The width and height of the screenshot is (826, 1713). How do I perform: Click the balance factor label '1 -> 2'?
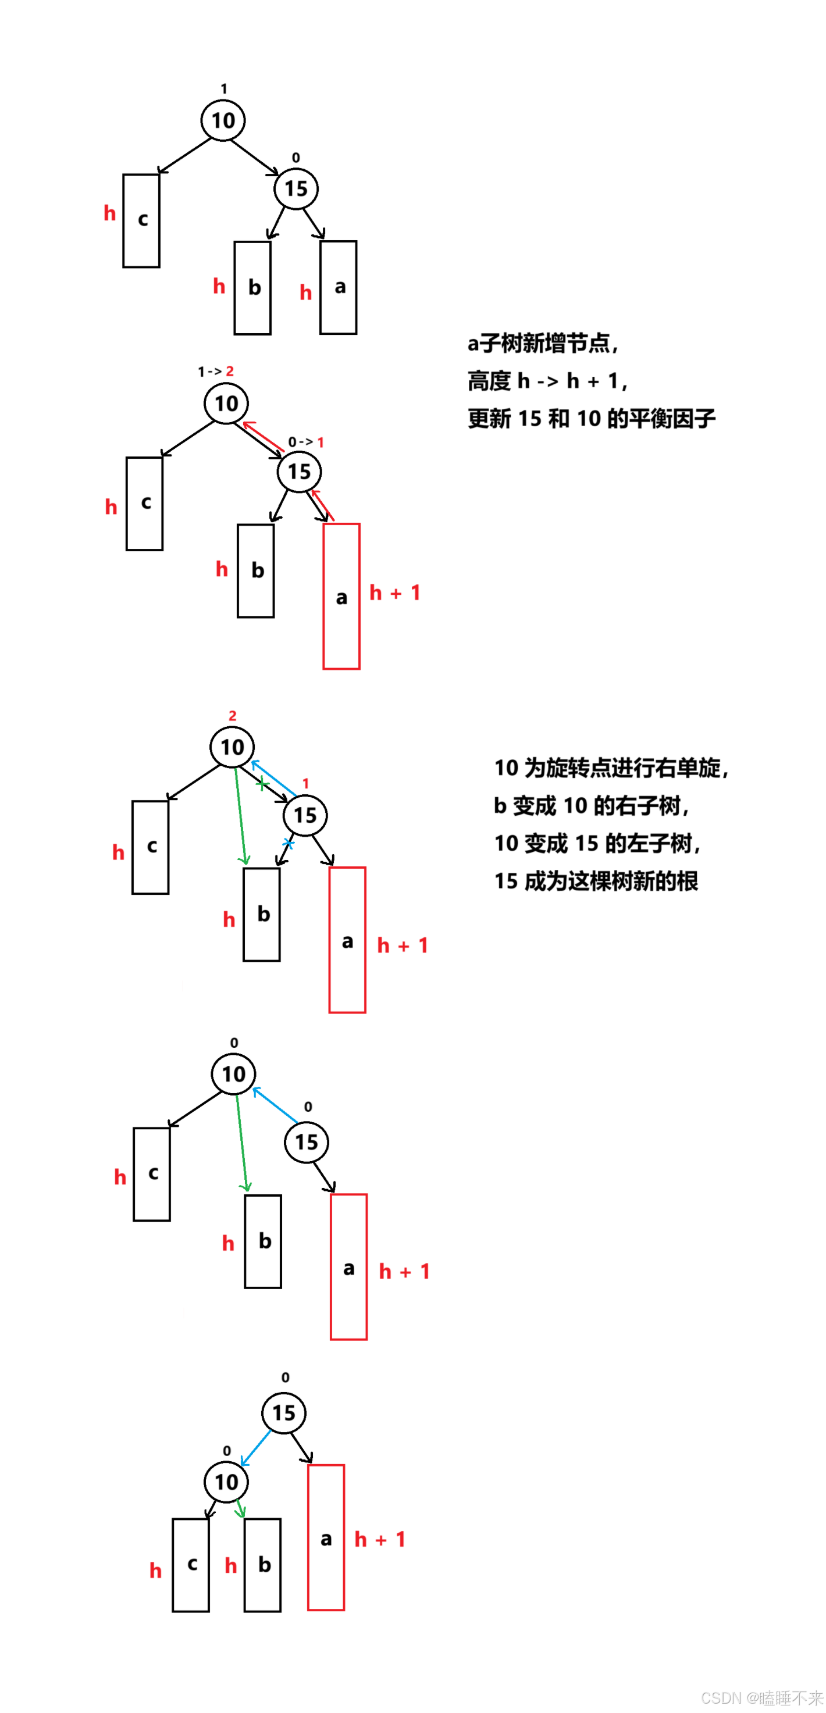215,371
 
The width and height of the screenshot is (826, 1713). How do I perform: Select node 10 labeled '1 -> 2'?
226,403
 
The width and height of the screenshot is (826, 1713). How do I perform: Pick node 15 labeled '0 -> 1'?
299,472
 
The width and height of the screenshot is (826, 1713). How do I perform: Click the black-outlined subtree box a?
339,287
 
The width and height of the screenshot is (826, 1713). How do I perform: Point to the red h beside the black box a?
305,292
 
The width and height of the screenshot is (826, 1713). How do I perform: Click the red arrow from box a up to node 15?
323,505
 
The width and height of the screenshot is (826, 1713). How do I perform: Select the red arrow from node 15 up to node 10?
264,436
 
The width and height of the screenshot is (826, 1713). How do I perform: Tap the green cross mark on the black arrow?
262,784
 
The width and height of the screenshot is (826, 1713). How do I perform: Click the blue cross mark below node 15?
288,843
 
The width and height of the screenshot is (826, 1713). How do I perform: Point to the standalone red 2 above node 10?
232,716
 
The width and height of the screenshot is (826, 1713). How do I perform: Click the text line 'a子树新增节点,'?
543,343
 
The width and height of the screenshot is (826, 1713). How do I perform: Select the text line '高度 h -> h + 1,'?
547,381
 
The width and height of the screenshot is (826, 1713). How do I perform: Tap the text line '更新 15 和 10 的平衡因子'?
591,418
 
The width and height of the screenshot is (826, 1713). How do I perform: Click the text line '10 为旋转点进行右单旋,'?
611,768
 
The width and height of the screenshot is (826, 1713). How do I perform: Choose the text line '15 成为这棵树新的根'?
596,881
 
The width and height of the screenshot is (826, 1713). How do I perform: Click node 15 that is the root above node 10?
284,1413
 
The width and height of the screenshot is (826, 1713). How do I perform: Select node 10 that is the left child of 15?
226,1482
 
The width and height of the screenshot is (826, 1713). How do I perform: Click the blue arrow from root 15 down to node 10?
255,1447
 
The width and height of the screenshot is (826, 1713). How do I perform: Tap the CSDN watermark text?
761,1698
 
